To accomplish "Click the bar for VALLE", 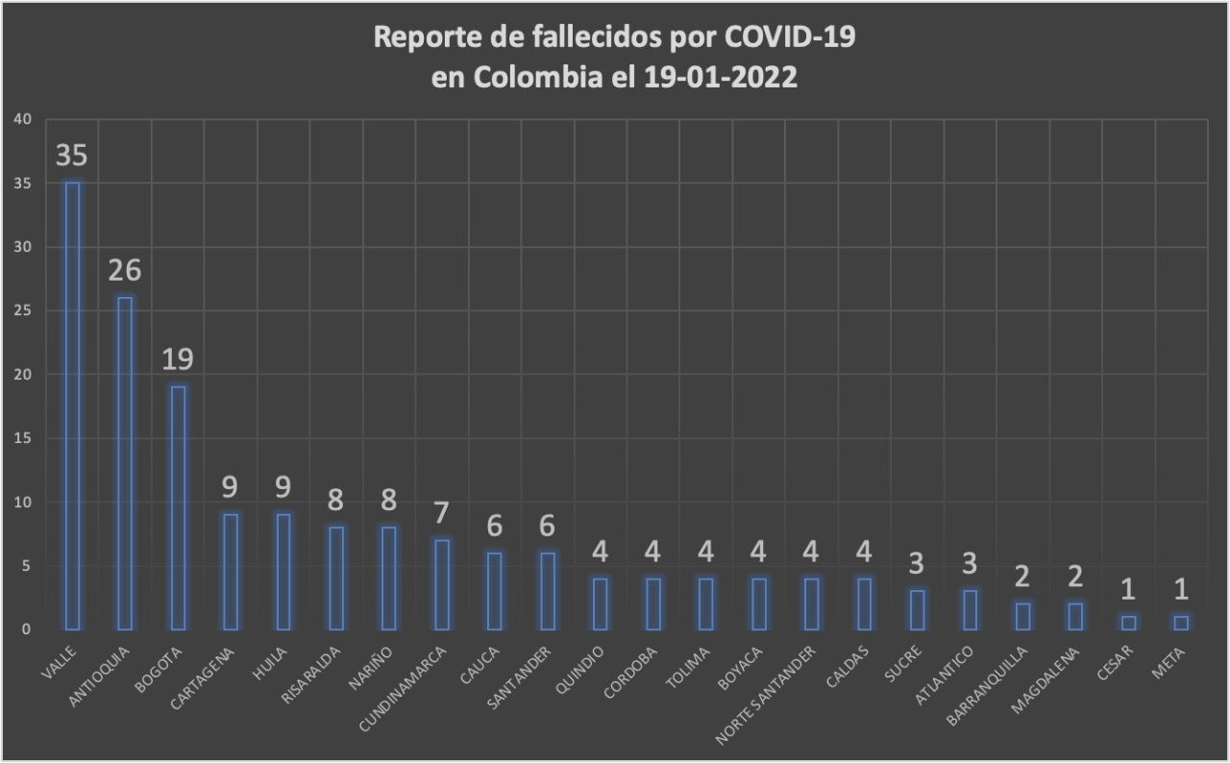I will coord(72,405).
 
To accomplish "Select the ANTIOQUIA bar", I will coord(125,462).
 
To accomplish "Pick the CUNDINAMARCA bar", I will coord(442,584).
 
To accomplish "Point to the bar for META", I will coord(1181,623).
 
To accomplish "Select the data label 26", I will coord(125,272).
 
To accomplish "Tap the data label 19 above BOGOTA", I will coord(178,360).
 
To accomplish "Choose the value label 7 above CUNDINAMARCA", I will coord(442,514).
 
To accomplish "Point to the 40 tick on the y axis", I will coord(23,119).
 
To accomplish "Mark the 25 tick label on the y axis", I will coord(23,310).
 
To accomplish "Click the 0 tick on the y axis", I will coord(28,629).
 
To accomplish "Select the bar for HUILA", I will coord(283,571).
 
